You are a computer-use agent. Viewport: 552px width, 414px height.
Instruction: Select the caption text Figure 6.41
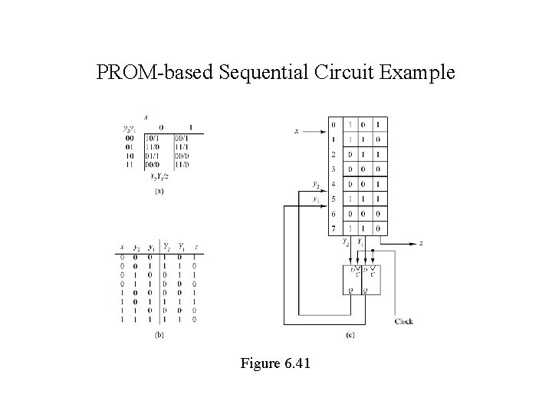(x=275, y=363)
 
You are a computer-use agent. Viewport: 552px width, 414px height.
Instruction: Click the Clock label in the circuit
(x=404, y=321)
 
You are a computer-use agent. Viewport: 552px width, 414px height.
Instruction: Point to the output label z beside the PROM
(x=420, y=244)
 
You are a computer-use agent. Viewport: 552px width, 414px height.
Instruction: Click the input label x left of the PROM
(x=297, y=131)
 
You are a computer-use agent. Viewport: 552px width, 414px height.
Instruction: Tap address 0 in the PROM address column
(x=333, y=124)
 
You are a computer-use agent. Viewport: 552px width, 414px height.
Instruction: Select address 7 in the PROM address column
(x=333, y=228)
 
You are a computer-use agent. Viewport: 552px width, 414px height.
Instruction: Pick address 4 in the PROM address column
(x=333, y=184)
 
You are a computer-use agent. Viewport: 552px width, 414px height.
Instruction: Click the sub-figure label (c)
(x=350, y=335)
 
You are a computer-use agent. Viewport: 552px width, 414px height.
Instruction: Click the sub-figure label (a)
(x=159, y=192)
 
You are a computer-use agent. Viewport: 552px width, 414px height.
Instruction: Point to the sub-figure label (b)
(x=159, y=335)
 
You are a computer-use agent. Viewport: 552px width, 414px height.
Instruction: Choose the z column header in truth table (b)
(x=196, y=248)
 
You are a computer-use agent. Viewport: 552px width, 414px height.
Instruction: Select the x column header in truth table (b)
(x=121, y=248)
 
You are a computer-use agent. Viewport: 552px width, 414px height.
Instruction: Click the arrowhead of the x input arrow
(x=324, y=132)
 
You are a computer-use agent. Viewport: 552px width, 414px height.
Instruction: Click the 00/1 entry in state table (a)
(x=182, y=138)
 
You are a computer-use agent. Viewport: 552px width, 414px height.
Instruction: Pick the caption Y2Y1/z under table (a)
(x=159, y=177)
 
